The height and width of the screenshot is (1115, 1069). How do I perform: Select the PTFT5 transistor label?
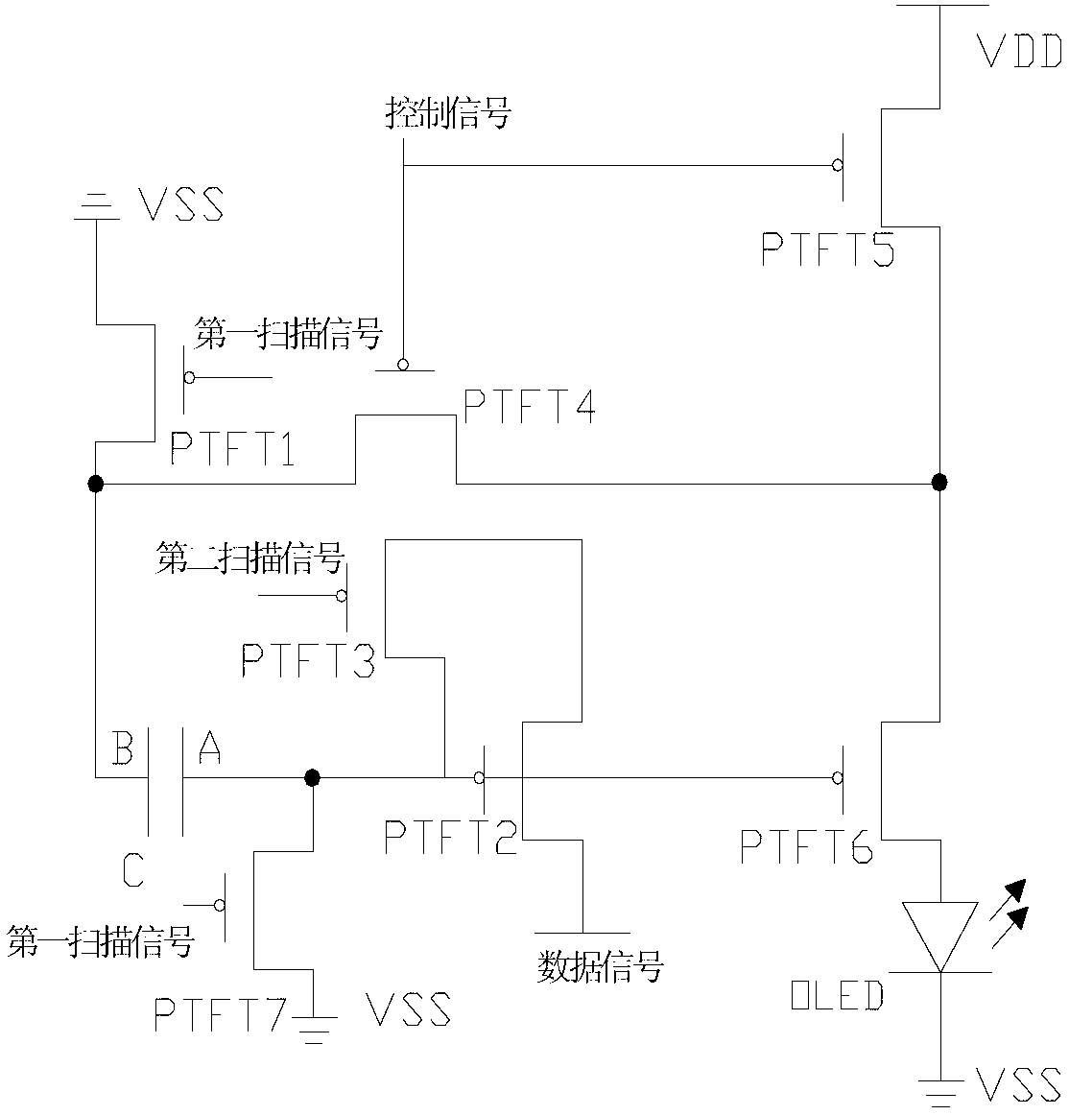coord(828,249)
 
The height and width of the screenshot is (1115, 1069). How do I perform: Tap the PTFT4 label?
coord(530,406)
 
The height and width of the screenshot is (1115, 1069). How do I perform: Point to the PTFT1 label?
coord(232,449)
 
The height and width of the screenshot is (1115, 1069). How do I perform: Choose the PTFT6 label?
coord(807,846)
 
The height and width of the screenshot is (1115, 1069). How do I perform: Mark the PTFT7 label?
coord(221,1014)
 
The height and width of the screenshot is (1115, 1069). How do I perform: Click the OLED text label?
coord(837,996)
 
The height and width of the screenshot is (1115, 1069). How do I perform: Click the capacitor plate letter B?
coord(123,747)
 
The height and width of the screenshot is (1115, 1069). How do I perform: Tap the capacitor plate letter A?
coord(209,747)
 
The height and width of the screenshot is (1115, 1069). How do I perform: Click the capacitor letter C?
coord(133,869)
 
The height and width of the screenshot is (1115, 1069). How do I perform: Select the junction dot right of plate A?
coord(312,777)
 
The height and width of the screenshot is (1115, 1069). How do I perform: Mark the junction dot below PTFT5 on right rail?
coord(939,483)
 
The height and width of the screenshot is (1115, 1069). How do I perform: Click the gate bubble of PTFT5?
coord(838,165)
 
